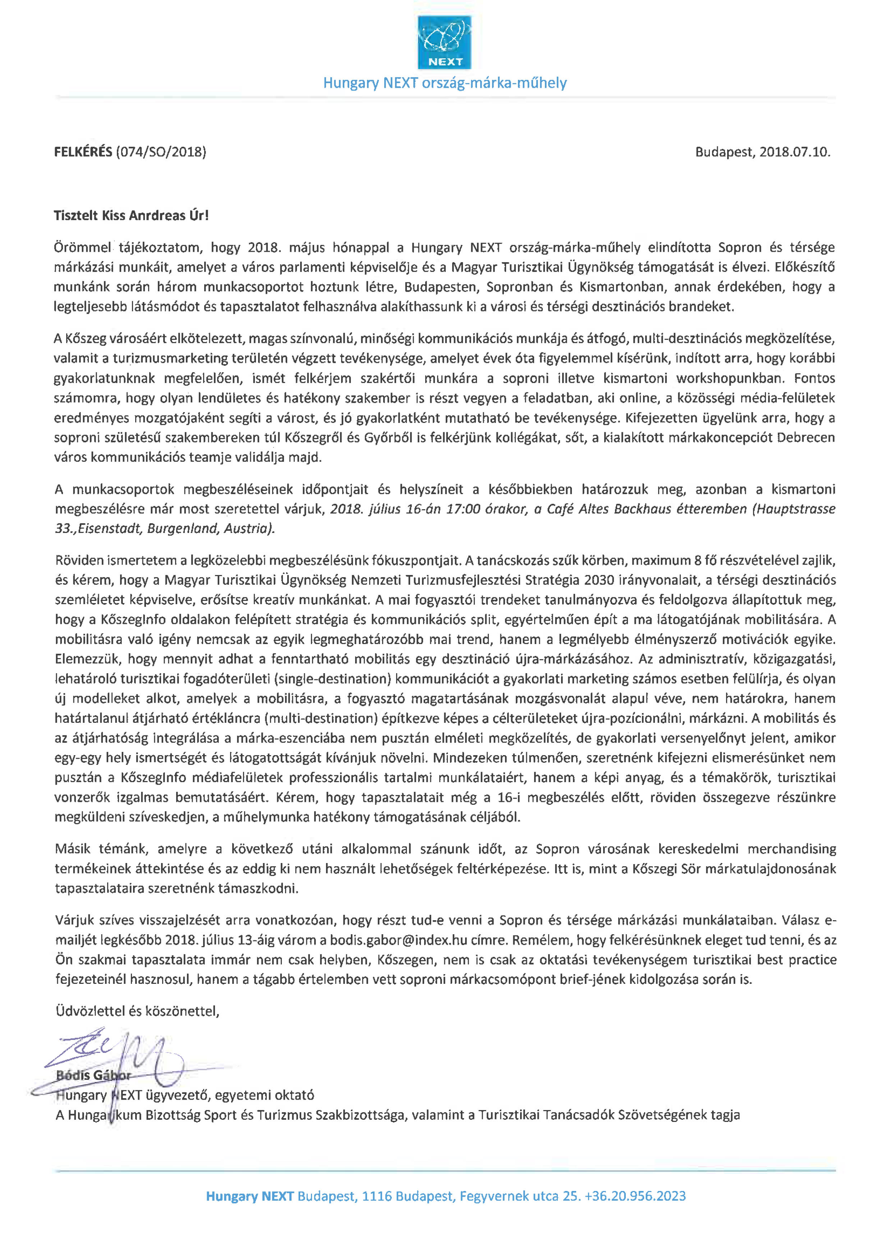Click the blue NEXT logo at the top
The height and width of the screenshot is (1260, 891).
click(444, 42)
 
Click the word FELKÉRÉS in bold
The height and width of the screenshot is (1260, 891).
click(82, 152)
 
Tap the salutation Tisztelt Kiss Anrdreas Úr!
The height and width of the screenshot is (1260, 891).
click(131, 216)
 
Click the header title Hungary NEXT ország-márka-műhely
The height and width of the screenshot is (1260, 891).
click(444, 83)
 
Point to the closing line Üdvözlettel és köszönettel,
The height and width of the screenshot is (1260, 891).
click(137, 1011)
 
